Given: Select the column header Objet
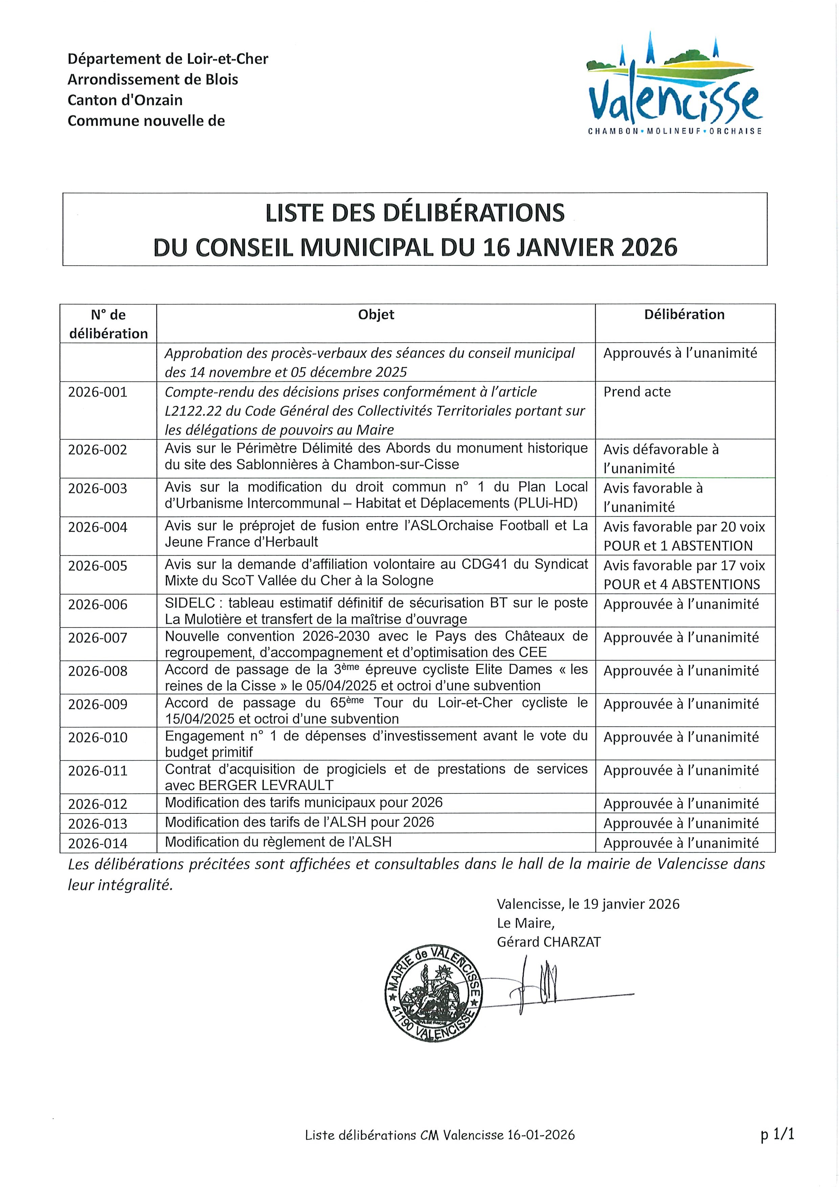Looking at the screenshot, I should click(376, 314).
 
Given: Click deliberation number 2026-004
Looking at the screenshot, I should click(98, 527).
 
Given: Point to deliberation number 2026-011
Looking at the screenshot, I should click(98, 770).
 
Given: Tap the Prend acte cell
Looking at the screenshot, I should click(637, 392).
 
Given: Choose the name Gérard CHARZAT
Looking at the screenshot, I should click(548, 942).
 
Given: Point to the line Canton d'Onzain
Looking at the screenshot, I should click(125, 100).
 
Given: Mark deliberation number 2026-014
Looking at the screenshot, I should click(98, 843).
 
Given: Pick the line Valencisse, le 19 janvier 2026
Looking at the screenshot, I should click(588, 904).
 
